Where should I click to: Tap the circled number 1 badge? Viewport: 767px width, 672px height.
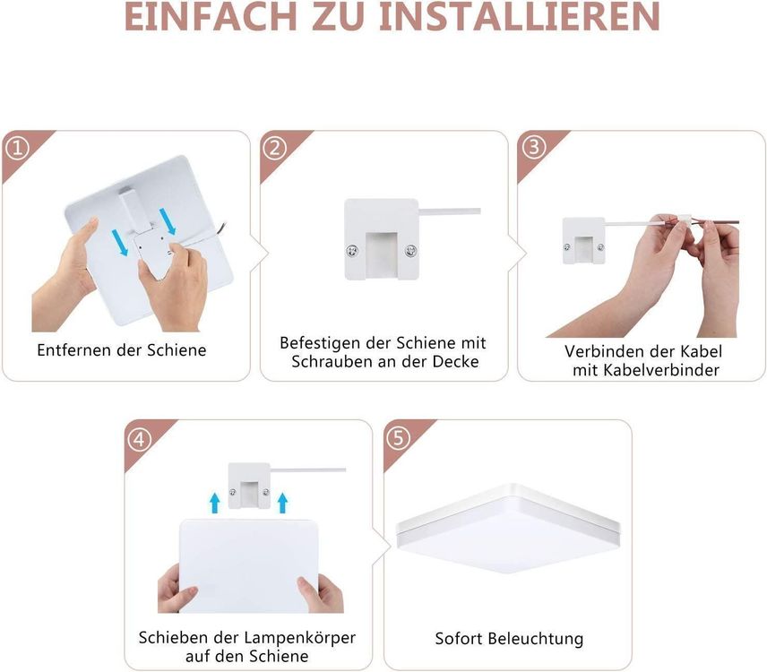click(17, 148)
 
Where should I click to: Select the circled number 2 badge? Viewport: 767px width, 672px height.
click(275, 147)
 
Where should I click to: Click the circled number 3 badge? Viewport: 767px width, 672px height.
click(533, 147)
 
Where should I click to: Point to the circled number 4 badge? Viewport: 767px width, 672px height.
click(140, 440)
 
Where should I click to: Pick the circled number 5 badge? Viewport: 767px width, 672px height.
click(398, 437)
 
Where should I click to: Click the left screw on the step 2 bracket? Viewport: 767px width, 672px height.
click(352, 251)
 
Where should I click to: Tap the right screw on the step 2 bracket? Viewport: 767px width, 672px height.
click(411, 252)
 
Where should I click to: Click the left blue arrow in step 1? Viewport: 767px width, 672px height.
click(120, 242)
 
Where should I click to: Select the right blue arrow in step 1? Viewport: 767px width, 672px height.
click(168, 220)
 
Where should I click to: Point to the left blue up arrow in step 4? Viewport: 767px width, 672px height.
click(214, 504)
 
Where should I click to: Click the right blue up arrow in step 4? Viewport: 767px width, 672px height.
click(282, 504)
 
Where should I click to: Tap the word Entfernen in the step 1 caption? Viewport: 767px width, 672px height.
click(74, 350)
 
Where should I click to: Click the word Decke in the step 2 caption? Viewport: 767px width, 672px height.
click(455, 362)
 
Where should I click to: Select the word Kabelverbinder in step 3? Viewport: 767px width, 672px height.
click(661, 370)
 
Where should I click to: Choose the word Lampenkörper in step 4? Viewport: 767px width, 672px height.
click(300, 638)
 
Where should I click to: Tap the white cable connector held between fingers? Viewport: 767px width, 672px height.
click(683, 221)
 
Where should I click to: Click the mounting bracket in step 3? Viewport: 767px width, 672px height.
click(583, 241)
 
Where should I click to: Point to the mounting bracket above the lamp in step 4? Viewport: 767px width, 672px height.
click(249, 485)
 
